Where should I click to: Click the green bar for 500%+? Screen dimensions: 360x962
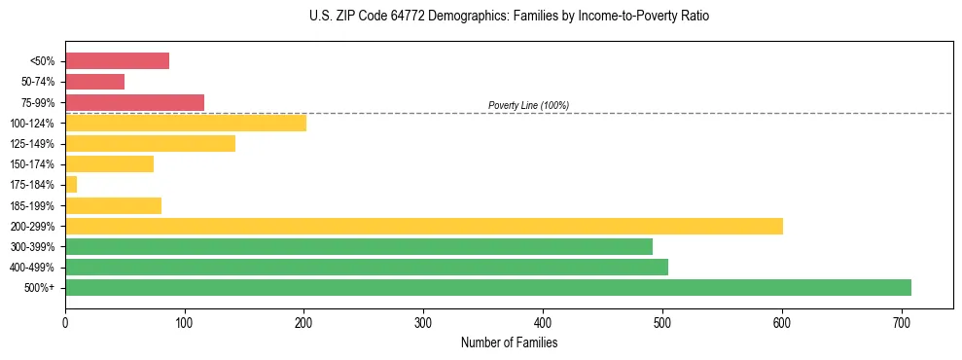[487, 287]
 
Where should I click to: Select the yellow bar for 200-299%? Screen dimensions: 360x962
[423, 226]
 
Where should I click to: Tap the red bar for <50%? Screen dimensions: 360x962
[117, 61]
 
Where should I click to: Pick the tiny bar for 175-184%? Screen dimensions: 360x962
[71, 184]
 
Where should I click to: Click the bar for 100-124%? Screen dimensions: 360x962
[185, 123]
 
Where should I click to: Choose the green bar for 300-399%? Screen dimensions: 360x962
[358, 246]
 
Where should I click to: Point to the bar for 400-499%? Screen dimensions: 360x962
[366, 267]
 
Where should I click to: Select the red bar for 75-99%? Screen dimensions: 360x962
[134, 102]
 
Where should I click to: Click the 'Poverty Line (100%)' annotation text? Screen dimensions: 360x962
[528, 105]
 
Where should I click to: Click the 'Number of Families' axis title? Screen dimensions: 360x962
[509, 342]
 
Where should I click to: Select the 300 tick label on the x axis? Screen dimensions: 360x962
[423, 323]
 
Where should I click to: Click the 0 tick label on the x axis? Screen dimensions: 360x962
[65, 323]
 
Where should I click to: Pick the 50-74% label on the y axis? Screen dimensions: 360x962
[38, 82]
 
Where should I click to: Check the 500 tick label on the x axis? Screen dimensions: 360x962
[662, 323]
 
